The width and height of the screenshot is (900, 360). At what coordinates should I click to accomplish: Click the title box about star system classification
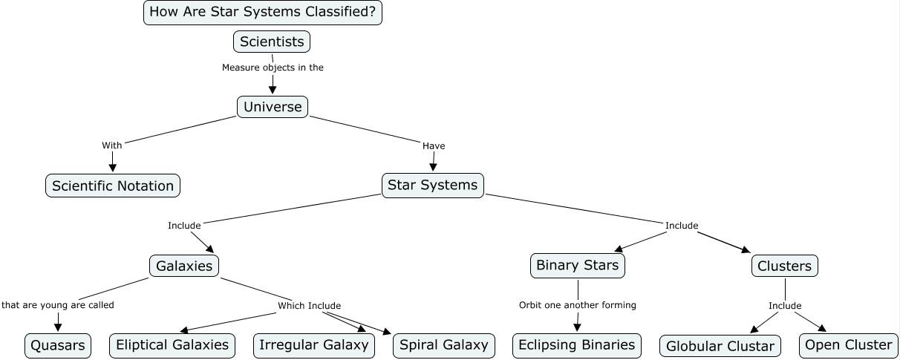(x=262, y=13)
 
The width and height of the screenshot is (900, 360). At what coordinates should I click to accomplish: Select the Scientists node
(x=272, y=42)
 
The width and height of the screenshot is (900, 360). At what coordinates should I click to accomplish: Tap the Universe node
(x=273, y=107)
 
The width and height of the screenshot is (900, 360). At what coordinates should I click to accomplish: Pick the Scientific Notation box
(x=113, y=186)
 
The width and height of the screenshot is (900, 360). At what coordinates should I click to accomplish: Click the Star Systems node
(x=433, y=185)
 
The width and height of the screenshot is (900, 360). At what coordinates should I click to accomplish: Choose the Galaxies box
(x=184, y=266)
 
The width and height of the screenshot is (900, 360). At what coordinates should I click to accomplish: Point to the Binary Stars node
(x=577, y=265)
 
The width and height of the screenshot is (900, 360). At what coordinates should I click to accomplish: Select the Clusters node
(x=784, y=266)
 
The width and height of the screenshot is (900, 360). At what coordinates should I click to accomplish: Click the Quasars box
(x=58, y=345)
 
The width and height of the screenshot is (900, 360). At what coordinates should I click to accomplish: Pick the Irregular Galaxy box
(x=313, y=345)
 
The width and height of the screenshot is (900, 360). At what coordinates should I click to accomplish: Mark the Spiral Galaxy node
(x=443, y=345)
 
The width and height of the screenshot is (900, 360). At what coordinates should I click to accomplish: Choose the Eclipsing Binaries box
(x=576, y=345)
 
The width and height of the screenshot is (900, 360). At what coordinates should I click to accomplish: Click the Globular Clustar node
(x=720, y=346)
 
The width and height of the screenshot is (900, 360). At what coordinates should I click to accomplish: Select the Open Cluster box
(x=848, y=345)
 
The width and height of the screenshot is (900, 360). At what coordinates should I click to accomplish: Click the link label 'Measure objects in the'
(x=273, y=68)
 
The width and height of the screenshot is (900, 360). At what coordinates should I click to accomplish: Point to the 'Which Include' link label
(x=309, y=306)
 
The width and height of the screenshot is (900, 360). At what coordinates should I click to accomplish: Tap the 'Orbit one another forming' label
(x=577, y=305)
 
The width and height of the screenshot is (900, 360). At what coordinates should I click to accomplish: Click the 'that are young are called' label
(x=58, y=305)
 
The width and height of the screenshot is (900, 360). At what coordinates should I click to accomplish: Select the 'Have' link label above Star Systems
(x=434, y=146)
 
